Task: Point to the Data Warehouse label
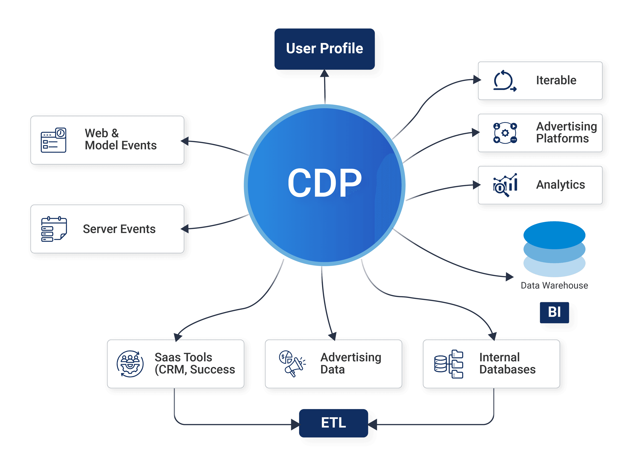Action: coord(554,285)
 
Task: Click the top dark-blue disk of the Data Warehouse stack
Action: coord(554,235)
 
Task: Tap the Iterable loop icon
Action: coord(504,81)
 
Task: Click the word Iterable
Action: coord(556,80)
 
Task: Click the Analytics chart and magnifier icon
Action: coord(505,185)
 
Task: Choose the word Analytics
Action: coord(560,185)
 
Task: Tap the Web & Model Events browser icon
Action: coord(54,140)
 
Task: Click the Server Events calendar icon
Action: coord(54,229)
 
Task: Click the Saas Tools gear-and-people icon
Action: coord(130,364)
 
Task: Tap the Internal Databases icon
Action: coord(449,364)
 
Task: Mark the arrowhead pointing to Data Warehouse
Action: coord(509,277)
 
